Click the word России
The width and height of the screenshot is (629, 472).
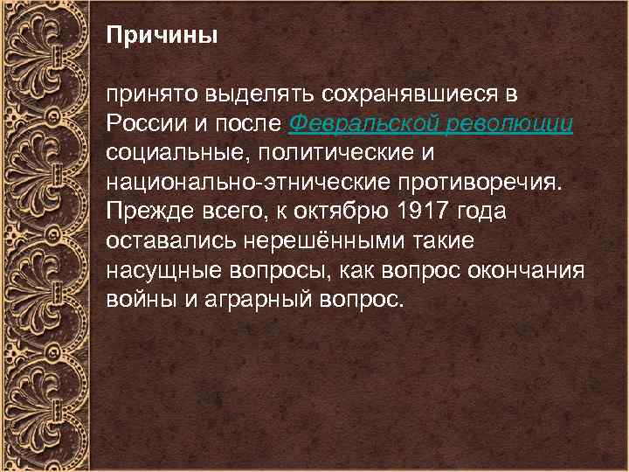tap(142, 123)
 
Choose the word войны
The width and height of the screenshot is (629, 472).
tap(136, 300)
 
